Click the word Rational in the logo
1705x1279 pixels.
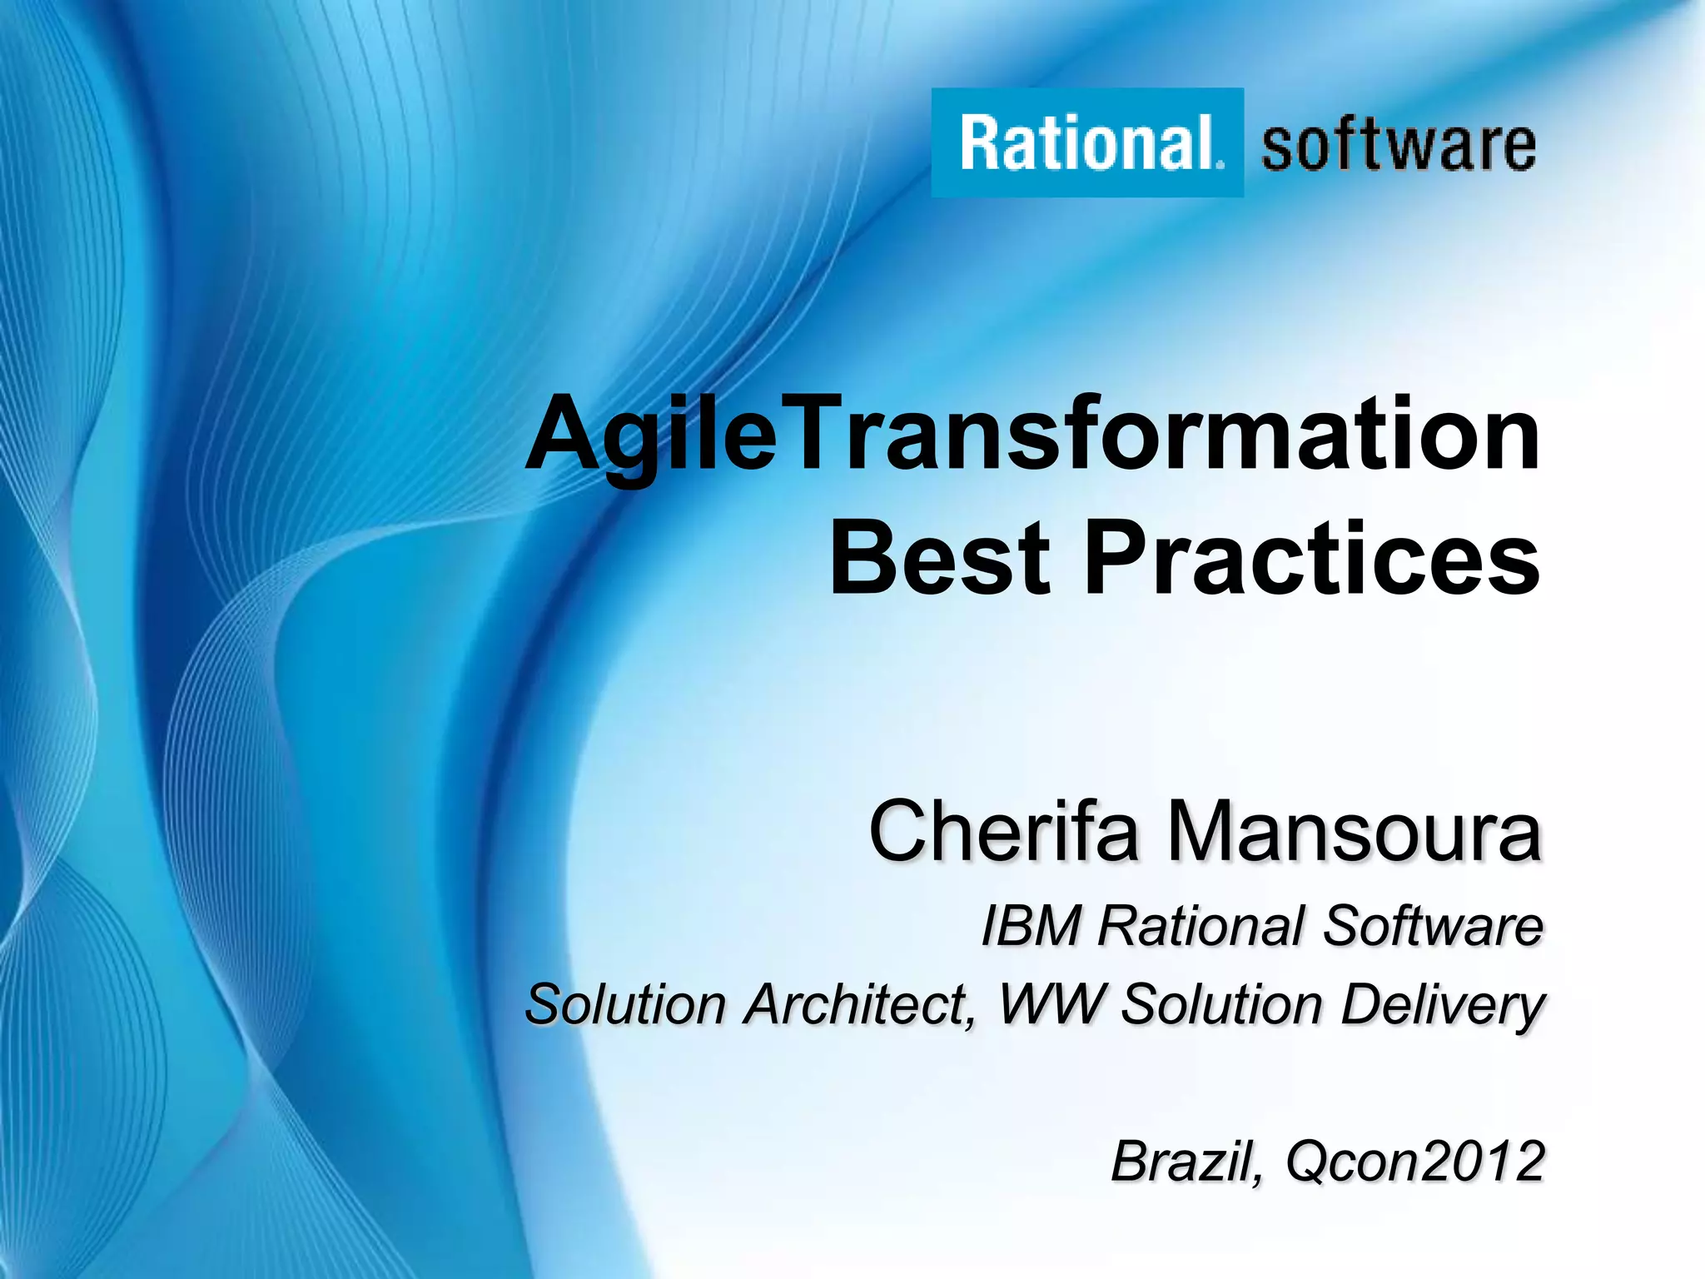tap(1086, 143)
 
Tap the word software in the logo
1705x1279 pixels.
tap(1399, 146)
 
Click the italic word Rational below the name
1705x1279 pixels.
tap(1202, 926)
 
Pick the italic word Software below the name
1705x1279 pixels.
tap(1433, 926)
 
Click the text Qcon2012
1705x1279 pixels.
tap(1415, 1161)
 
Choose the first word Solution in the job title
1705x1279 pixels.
tap(626, 1004)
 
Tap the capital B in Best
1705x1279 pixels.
tap(863, 558)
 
